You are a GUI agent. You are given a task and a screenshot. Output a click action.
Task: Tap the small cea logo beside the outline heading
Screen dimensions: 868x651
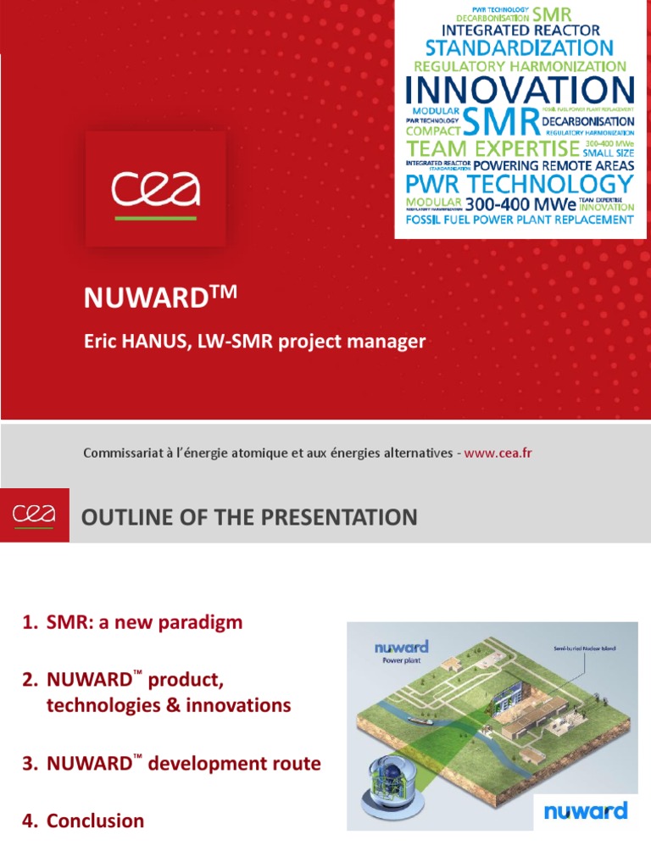click(34, 514)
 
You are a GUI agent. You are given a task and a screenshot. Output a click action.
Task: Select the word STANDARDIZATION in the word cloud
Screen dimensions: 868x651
click(519, 47)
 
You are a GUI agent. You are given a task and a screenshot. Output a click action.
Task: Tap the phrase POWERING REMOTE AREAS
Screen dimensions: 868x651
click(553, 165)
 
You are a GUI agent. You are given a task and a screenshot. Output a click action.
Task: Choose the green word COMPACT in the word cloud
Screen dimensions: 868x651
click(432, 131)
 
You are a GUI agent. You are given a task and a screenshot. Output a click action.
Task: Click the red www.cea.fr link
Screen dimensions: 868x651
click(498, 453)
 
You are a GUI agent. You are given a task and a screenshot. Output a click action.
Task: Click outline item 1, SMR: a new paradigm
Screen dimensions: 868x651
click(132, 623)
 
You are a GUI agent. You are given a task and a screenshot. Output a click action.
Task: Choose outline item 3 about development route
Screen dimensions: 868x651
click(171, 764)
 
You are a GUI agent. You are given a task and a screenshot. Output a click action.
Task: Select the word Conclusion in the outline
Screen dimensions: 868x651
click(95, 821)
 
